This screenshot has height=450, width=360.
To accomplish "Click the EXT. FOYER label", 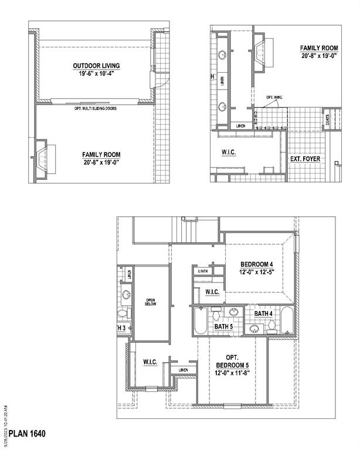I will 306,158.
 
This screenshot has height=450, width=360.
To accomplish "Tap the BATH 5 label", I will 223,326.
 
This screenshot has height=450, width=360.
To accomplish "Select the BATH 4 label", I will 263,314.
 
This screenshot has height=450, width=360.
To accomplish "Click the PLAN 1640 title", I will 27,434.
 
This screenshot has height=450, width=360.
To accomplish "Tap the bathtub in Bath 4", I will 286,321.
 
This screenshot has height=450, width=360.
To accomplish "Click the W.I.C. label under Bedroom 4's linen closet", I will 212,292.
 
